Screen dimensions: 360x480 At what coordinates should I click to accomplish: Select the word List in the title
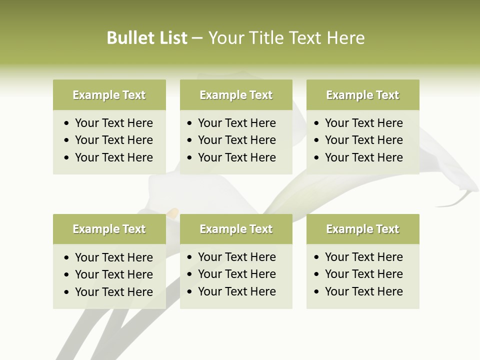(172, 38)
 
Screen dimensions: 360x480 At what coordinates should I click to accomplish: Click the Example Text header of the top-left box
(109, 95)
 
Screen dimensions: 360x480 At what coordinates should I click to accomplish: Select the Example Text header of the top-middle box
(236, 95)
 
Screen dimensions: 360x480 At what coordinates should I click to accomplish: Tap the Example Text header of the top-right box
(362, 95)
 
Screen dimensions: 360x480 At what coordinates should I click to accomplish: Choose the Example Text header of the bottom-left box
(109, 229)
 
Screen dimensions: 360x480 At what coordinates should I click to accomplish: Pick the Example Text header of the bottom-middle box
(236, 229)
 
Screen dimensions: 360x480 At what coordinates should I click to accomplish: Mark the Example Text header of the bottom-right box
(362, 229)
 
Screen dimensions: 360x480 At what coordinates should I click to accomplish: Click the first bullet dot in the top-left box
(67, 123)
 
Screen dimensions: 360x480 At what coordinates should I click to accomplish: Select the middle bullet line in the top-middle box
(236, 140)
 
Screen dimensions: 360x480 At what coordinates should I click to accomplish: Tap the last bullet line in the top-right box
(363, 157)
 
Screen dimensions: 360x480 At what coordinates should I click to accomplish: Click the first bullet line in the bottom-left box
(113, 257)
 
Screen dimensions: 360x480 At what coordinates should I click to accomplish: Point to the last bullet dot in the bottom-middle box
(190, 292)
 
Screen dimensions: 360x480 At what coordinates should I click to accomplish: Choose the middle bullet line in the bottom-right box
(363, 274)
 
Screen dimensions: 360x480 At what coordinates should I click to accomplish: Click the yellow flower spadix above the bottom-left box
(172, 213)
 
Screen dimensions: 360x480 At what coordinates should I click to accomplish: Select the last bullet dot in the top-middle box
(190, 158)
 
